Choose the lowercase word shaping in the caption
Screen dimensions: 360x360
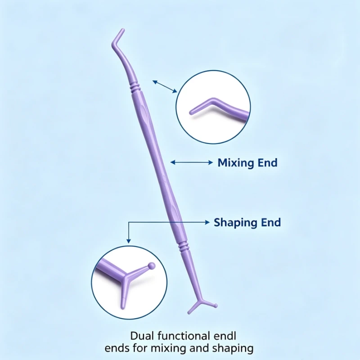[233, 349]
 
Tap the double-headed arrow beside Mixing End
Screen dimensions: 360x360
[192, 162]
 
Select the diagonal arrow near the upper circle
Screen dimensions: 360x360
[165, 86]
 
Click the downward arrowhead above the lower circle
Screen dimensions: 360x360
[129, 241]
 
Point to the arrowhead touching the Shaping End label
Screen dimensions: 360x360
[207, 222]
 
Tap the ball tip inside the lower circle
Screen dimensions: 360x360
[151, 266]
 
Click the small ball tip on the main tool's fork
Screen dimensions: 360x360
[216, 306]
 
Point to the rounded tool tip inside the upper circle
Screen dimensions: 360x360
[191, 113]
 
